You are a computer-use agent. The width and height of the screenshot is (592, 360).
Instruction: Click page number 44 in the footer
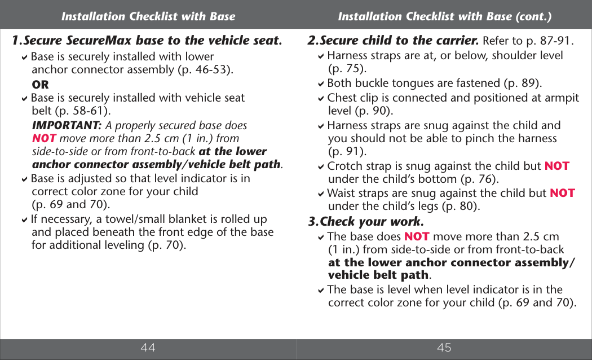pyautogui.click(x=148, y=348)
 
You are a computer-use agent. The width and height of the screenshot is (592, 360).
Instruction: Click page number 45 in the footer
pyautogui.click(x=444, y=348)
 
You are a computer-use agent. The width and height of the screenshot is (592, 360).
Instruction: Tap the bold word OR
pyautogui.click(x=41, y=85)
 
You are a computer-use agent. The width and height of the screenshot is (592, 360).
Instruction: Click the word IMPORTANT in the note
pyautogui.click(x=67, y=125)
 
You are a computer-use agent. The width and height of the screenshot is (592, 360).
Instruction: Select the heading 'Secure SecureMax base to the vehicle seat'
pyautogui.click(x=147, y=41)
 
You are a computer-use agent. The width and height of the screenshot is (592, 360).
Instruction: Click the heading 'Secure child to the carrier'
pyautogui.click(x=394, y=41)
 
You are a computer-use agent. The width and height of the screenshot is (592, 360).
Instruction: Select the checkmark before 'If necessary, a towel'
pyautogui.click(x=25, y=219)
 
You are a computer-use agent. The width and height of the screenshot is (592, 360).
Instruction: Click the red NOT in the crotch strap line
pyautogui.click(x=556, y=166)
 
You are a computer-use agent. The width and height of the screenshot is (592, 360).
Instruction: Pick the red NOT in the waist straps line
pyautogui.click(x=562, y=193)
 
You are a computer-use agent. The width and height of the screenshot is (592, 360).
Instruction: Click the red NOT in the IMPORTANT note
pyautogui.click(x=44, y=138)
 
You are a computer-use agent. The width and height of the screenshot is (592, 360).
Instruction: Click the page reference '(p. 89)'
pyautogui.click(x=523, y=84)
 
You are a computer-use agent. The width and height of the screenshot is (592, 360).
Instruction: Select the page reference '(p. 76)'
pyautogui.click(x=479, y=179)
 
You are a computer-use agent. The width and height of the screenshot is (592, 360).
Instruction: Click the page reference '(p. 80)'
pyautogui.click(x=461, y=206)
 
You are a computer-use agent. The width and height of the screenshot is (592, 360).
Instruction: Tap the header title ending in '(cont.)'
pyautogui.click(x=444, y=16)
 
